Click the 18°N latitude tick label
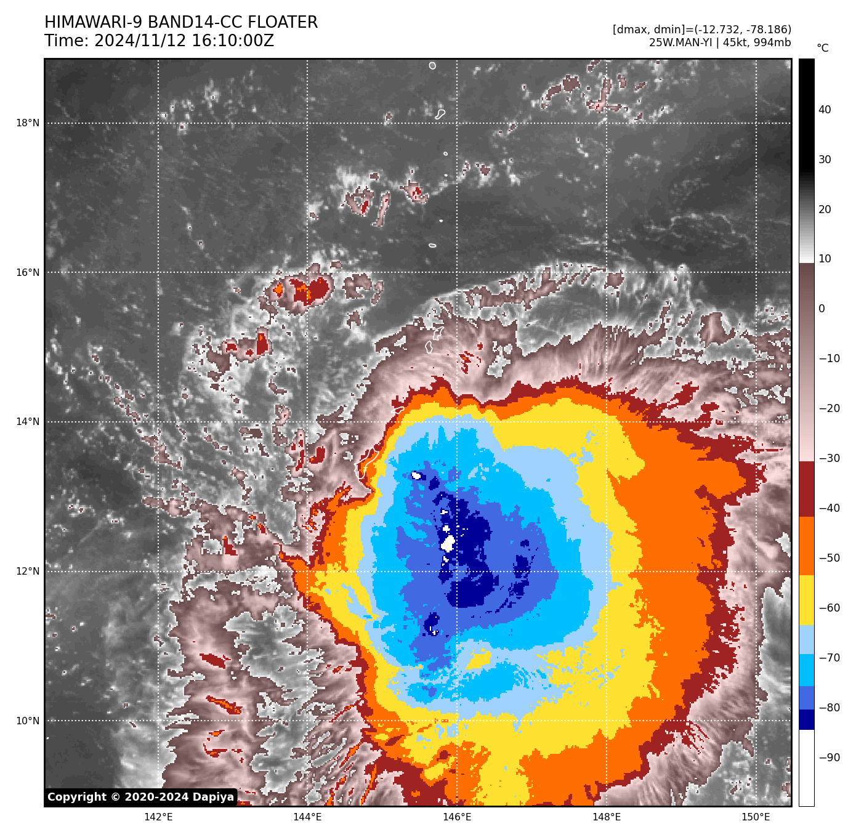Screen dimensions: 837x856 pos(28,123)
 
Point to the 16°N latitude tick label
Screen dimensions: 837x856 pos(28,273)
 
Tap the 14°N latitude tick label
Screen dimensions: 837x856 pos(28,422)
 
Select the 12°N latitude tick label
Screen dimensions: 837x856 pos(28,572)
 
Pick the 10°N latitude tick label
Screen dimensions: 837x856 pos(28,721)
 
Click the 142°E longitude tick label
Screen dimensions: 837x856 pos(158,817)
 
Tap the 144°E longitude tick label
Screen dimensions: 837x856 pos(307,817)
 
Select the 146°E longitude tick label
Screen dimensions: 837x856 pos(457,817)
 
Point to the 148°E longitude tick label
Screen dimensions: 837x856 pos(607,817)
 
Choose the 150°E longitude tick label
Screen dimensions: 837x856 pos(756,817)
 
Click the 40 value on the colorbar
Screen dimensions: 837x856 pos(825,110)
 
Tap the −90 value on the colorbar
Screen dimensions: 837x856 pos(829,758)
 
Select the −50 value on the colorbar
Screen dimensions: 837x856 pos(829,559)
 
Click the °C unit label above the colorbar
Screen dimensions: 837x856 pos(823,48)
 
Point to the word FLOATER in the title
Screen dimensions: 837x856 pos(283,23)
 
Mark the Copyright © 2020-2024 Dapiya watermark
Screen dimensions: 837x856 pos(140,797)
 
